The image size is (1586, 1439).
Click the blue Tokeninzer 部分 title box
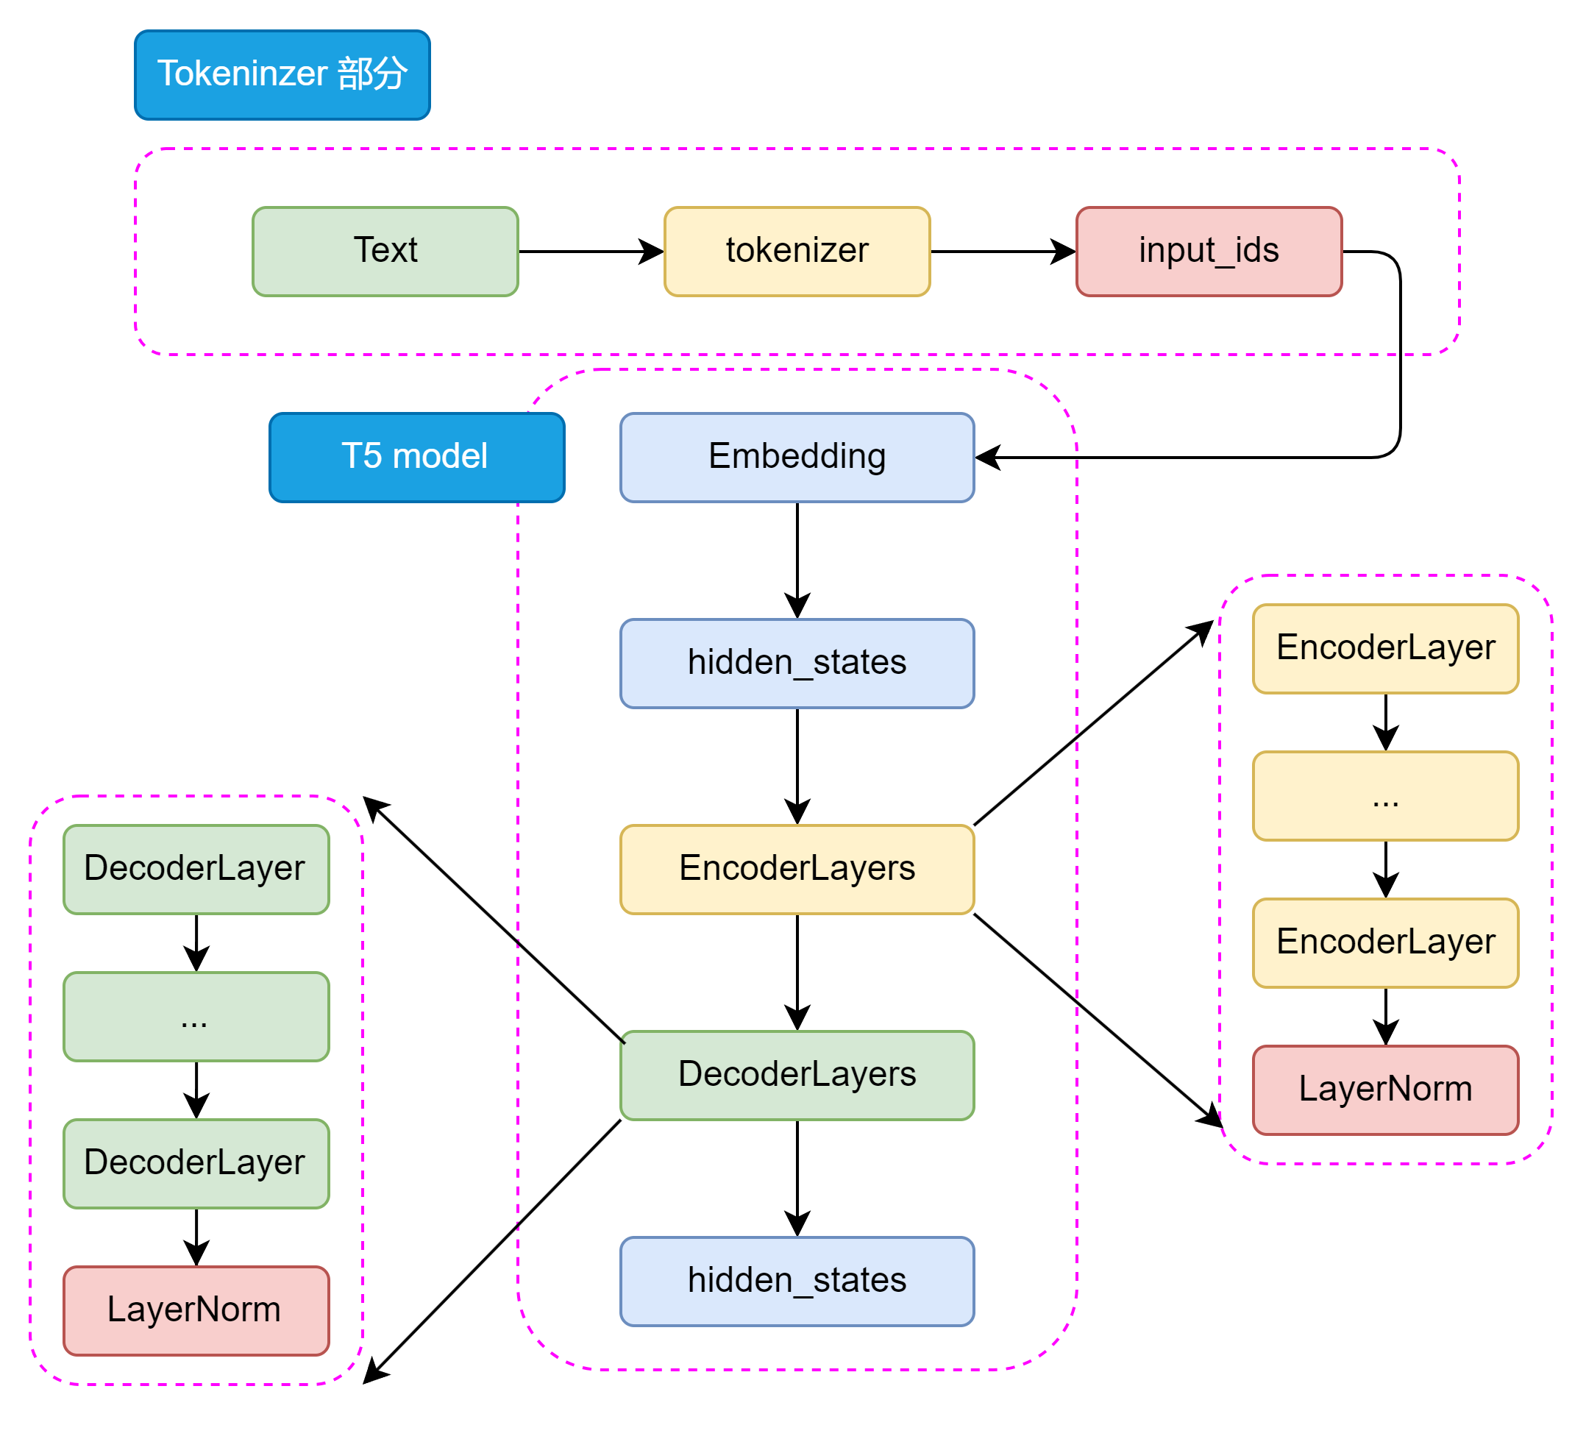tap(282, 75)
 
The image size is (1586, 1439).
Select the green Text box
tap(385, 251)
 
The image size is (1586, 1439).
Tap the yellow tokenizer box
tap(797, 251)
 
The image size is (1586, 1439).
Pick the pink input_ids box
tap(1209, 251)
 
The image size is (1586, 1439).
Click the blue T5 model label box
tap(416, 457)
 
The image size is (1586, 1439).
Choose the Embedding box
tap(797, 457)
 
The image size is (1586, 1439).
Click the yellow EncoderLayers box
tap(797, 869)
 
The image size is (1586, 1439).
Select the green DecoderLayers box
tap(797, 1075)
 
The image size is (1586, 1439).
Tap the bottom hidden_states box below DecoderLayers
tap(797, 1281)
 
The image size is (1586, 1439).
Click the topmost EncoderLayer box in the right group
tap(1384, 648)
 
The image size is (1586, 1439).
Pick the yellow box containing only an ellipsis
tap(1384, 795)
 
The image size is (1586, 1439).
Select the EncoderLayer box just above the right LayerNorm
tap(1384, 942)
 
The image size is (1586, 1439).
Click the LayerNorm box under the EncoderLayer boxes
tap(1384, 1090)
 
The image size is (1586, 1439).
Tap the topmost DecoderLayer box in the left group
tap(196, 869)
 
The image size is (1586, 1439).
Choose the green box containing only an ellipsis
tap(196, 1016)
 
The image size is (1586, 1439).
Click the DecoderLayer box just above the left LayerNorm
tap(196, 1163)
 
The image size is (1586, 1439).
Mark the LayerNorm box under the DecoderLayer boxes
tap(196, 1310)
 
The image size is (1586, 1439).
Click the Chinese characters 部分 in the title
tap(372, 74)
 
